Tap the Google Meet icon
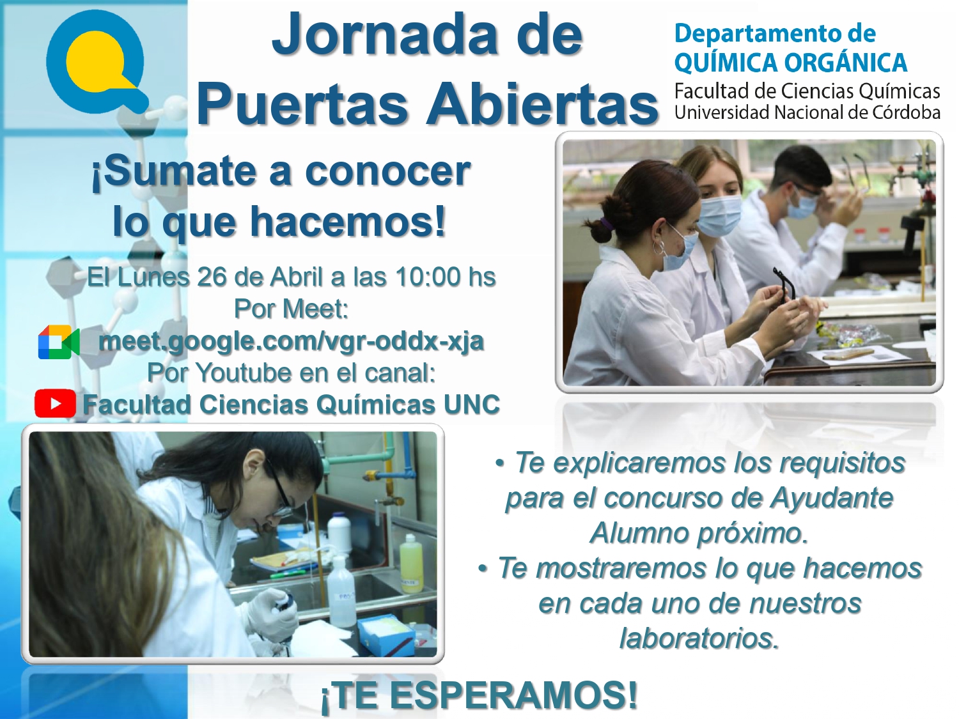59,343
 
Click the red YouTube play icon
55,404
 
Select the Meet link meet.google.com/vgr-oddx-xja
291,341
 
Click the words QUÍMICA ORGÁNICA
791,61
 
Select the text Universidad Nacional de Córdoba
807,112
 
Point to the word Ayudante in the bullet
831,498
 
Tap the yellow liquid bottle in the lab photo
410,563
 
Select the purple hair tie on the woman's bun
607,224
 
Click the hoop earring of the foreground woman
659,248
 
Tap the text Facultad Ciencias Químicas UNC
291,405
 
